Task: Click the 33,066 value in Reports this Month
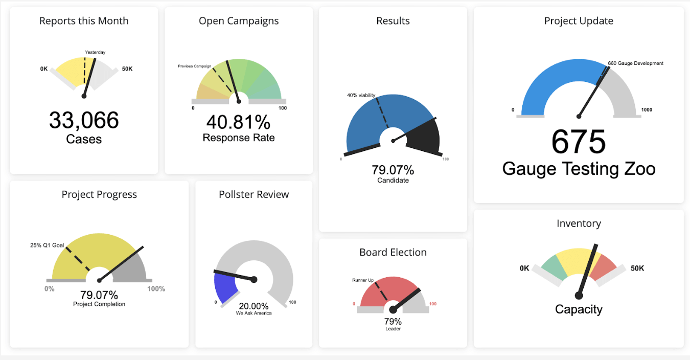[84, 120]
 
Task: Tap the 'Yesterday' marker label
[95, 52]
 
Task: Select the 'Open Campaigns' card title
[239, 21]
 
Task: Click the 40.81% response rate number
[239, 122]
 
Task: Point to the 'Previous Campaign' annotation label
[194, 66]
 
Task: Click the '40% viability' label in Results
[361, 95]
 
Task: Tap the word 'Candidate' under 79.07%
[393, 180]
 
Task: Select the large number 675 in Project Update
[579, 142]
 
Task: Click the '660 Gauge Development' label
[635, 63]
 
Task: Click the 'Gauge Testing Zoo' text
[579, 168]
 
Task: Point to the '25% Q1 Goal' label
[47, 245]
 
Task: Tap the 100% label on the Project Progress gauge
[156, 289]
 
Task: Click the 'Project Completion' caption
[99, 304]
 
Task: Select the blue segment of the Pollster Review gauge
[223, 286]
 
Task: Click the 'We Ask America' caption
[254, 313]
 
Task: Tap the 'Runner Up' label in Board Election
[363, 280]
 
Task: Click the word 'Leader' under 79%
[393, 329]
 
